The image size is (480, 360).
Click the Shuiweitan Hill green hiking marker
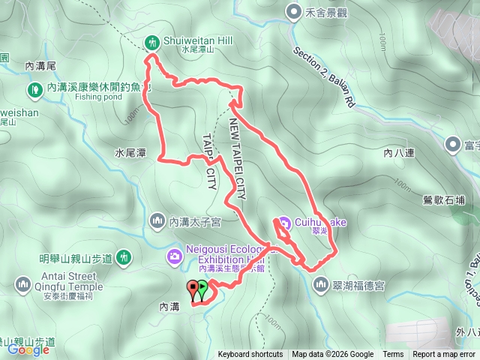[x=152, y=41]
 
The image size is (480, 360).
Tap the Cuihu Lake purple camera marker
[x=283, y=223]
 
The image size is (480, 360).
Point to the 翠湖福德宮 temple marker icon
[x=321, y=284]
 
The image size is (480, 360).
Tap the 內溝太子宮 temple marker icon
[x=157, y=220]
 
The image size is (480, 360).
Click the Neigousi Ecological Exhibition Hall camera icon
[x=174, y=257]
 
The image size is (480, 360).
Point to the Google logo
[x=28, y=349]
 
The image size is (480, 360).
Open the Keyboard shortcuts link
[x=250, y=355]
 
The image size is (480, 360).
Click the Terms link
[x=393, y=355]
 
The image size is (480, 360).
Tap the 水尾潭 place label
[x=130, y=152]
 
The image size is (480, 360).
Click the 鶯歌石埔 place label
[x=443, y=200]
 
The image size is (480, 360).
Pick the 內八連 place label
[x=398, y=153]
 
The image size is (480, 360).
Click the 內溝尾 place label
[x=40, y=66]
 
